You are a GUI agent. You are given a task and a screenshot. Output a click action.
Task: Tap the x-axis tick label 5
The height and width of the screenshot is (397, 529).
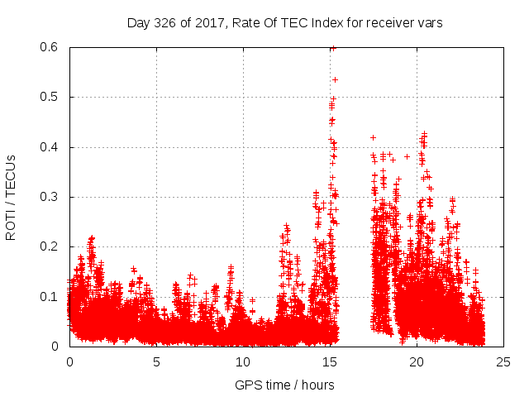pos(156,361)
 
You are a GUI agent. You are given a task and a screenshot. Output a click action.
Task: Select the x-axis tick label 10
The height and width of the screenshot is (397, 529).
pos(243,361)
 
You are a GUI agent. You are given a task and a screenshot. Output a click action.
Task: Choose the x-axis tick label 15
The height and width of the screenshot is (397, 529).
pos(330,361)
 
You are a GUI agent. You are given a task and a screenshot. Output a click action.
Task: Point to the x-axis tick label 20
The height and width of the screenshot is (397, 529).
pos(417,361)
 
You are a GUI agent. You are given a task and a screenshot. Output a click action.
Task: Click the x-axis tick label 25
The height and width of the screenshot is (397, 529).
pos(503,361)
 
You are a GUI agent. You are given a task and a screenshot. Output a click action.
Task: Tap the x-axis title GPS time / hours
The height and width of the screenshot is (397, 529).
pos(284,385)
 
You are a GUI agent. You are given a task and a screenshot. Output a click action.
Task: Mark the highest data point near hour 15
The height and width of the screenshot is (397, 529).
pos(332,48)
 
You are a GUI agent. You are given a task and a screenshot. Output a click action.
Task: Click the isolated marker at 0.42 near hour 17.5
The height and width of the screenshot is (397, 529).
pos(373,137)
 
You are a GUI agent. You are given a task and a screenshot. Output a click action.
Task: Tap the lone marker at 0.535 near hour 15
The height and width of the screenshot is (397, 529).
pos(335,79)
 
